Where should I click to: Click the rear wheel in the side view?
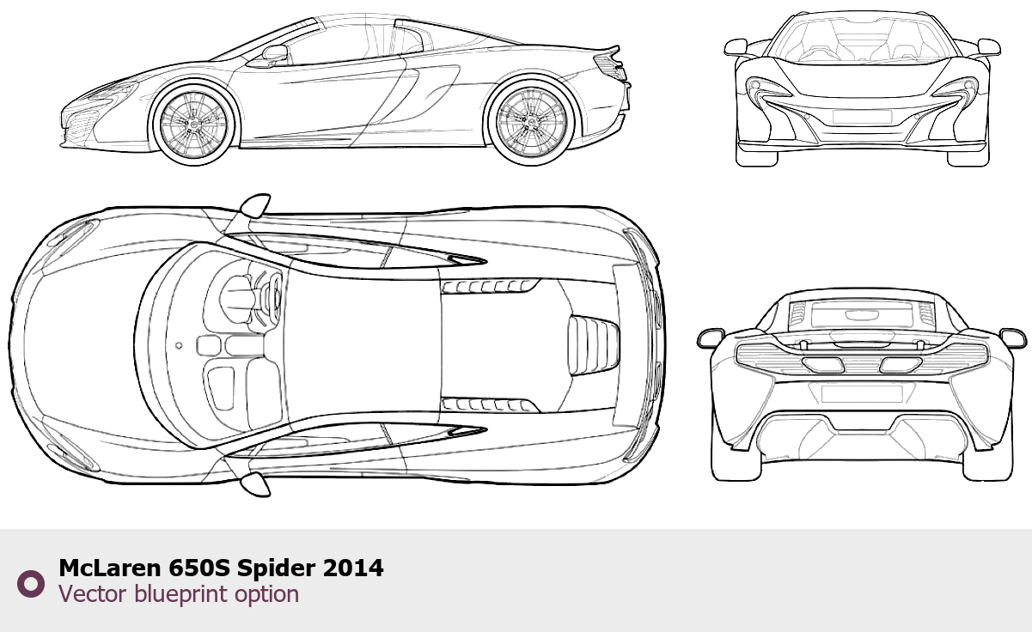click(531, 121)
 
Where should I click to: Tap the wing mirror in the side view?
click(275, 53)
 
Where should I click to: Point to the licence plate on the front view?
click(862, 117)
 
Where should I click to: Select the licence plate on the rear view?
click(862, 394)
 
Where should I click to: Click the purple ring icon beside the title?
click(31, 584)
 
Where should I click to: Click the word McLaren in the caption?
click(110, 568)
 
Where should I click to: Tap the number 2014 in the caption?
click(353, 568)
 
